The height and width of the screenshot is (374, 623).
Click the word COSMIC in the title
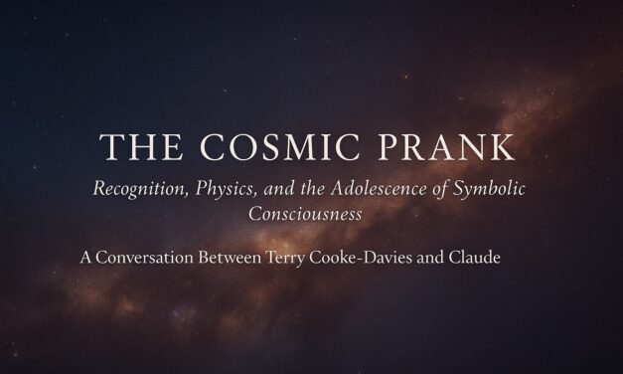point(286,147)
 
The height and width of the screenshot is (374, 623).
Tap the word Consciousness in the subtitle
point(311,212)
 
